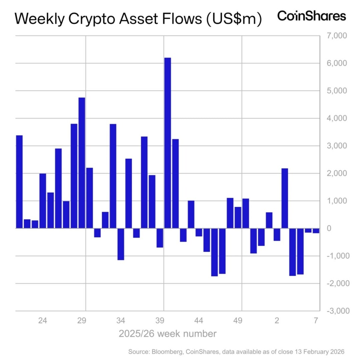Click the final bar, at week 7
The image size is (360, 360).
(316, 231)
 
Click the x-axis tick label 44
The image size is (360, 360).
(199, 321)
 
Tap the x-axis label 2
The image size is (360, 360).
(277, 321)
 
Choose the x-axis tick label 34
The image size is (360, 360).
(121, 321)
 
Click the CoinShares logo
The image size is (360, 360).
(311, 16)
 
